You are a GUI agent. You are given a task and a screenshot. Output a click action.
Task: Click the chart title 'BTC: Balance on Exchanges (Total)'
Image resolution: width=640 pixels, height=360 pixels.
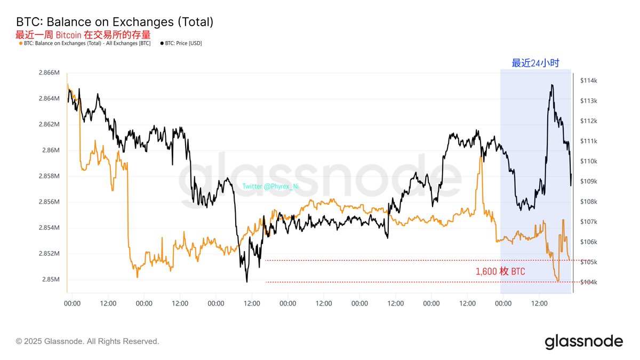(115, 22)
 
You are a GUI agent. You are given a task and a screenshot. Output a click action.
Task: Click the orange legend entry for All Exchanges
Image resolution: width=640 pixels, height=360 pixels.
(86, 43)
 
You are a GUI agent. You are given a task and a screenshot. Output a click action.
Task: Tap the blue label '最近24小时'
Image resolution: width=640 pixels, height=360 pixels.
(535, 63)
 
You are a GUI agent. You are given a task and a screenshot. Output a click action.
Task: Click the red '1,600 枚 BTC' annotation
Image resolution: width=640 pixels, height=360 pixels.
(500, 271)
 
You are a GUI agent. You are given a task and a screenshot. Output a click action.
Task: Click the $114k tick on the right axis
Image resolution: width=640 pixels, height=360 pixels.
(587, 81)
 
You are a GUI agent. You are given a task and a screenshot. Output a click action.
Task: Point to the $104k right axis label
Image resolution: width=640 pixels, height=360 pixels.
(587, 282)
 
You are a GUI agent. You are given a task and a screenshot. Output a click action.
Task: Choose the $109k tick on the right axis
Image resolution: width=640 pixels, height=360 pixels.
(587, 181)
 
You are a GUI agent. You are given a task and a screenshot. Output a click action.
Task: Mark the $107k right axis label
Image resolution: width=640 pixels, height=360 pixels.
(587, 222)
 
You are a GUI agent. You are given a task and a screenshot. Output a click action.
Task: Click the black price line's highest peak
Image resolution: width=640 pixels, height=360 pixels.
(551, 85)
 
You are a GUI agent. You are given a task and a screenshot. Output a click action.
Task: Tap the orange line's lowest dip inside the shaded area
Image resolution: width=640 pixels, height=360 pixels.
(558, 281)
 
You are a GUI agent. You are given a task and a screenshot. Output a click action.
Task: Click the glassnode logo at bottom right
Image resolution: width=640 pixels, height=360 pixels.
(583, 341)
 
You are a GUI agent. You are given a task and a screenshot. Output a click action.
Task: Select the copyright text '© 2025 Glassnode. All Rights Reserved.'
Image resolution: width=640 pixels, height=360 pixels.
(87, 341)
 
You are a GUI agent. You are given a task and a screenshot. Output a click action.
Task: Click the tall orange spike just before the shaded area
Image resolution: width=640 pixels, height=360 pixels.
(481, 158)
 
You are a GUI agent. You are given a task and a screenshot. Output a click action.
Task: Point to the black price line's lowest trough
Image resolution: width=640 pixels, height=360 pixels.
(246, 281)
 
